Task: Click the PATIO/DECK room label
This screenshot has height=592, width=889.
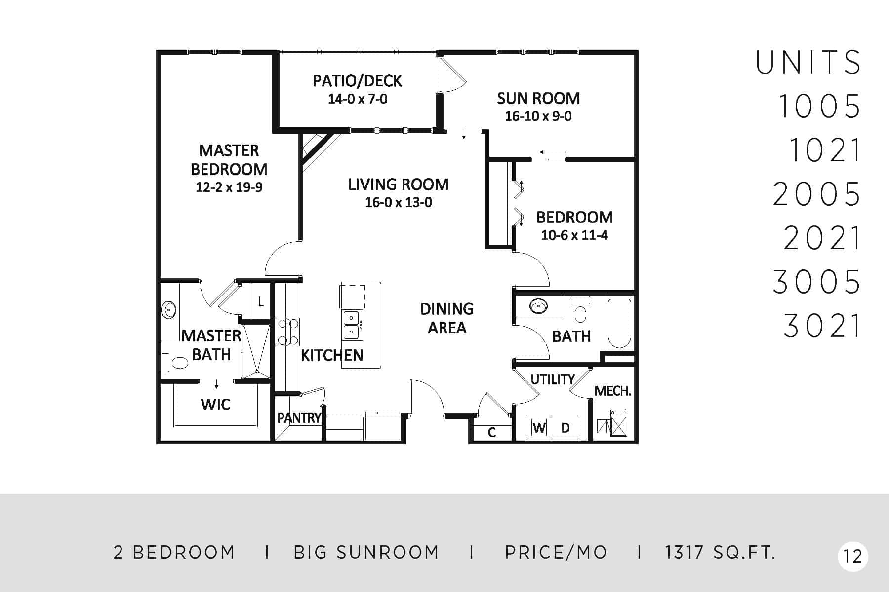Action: pyautogui.click(x=357, y=81)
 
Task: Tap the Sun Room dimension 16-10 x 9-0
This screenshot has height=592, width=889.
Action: pyautogui.click(x=538, y=116)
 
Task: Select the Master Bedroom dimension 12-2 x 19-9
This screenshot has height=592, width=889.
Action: pyautogui.click(x=229, y=187)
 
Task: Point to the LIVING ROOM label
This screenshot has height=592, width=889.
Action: pyautogui.click(x=398, y=185)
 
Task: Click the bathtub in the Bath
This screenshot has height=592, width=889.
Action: pyautogui.click(x=619, y=324)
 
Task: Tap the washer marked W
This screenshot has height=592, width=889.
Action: pyautogui.click(x=539, y=427)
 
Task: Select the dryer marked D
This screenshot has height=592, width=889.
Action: pyautogui.click(x=566, y=427)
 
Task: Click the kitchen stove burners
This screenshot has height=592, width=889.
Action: pyautogui.click(x=288, y=332)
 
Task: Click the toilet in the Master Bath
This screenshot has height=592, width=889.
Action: pyautogui.click(x=175, y=363)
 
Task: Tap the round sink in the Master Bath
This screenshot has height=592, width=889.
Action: pyautogui.click(x=169, y=310)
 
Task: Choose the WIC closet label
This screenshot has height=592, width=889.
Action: pyautogui.click(x=216, y=405)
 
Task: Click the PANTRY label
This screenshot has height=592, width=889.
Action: pyautogui.click(x=299, y=418)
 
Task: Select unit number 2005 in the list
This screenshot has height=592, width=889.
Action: pyautogui.click(x=816, y=194)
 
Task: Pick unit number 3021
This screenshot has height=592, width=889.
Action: pyautogui.click(x=822, y=326)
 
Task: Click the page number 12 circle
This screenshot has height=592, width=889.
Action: pyautogui.click(x=853, y=556)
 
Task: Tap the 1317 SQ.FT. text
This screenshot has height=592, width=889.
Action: pyautogui.click(x=720, y=553)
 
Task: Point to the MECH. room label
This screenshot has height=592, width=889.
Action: pyautogui.click(x=613, y=391)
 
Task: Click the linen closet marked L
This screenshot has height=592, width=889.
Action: pyautogui.click(x=261, y=301)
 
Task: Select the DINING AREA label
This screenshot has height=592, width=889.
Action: pyautogui.click(x=447, y=318)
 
